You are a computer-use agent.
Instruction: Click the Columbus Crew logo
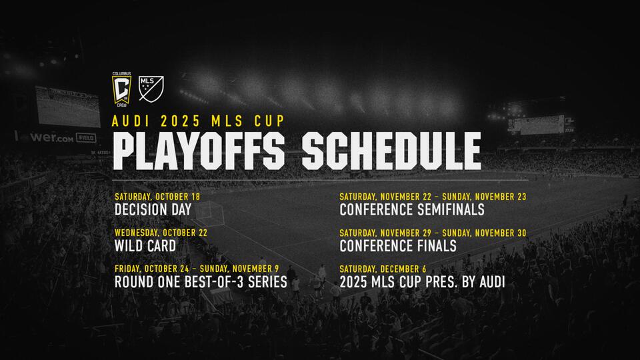tap(121, 89)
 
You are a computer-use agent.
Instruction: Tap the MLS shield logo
tap(151, 89)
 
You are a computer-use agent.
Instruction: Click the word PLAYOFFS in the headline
tap(199, 151)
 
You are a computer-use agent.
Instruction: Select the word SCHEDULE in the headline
tap(391, 151)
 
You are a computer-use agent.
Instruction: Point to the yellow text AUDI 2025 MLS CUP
tap(199, 121)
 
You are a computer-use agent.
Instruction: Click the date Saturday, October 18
tap(157, 197)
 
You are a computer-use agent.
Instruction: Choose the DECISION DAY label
tap(153, 210)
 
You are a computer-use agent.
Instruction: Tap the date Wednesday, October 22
tap(161, 233)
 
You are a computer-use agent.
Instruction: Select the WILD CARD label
tap(145, 246)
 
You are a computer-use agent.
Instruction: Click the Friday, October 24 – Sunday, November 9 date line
tap(197, 269)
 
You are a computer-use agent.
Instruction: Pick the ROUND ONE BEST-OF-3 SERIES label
tap(201, 282)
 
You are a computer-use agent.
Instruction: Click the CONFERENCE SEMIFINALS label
tap(412, 210)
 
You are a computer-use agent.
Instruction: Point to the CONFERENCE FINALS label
tap(398, 246)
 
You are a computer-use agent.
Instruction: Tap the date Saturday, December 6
tap(383, 269)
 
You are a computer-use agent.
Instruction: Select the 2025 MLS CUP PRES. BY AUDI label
tap(422, 282)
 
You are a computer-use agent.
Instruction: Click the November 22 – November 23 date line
tap(433, 197)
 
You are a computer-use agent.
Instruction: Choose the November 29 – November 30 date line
tap(433, 233)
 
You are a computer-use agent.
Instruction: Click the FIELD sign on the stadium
tap(86, 138)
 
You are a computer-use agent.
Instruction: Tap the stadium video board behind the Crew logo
tap(68, 107)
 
